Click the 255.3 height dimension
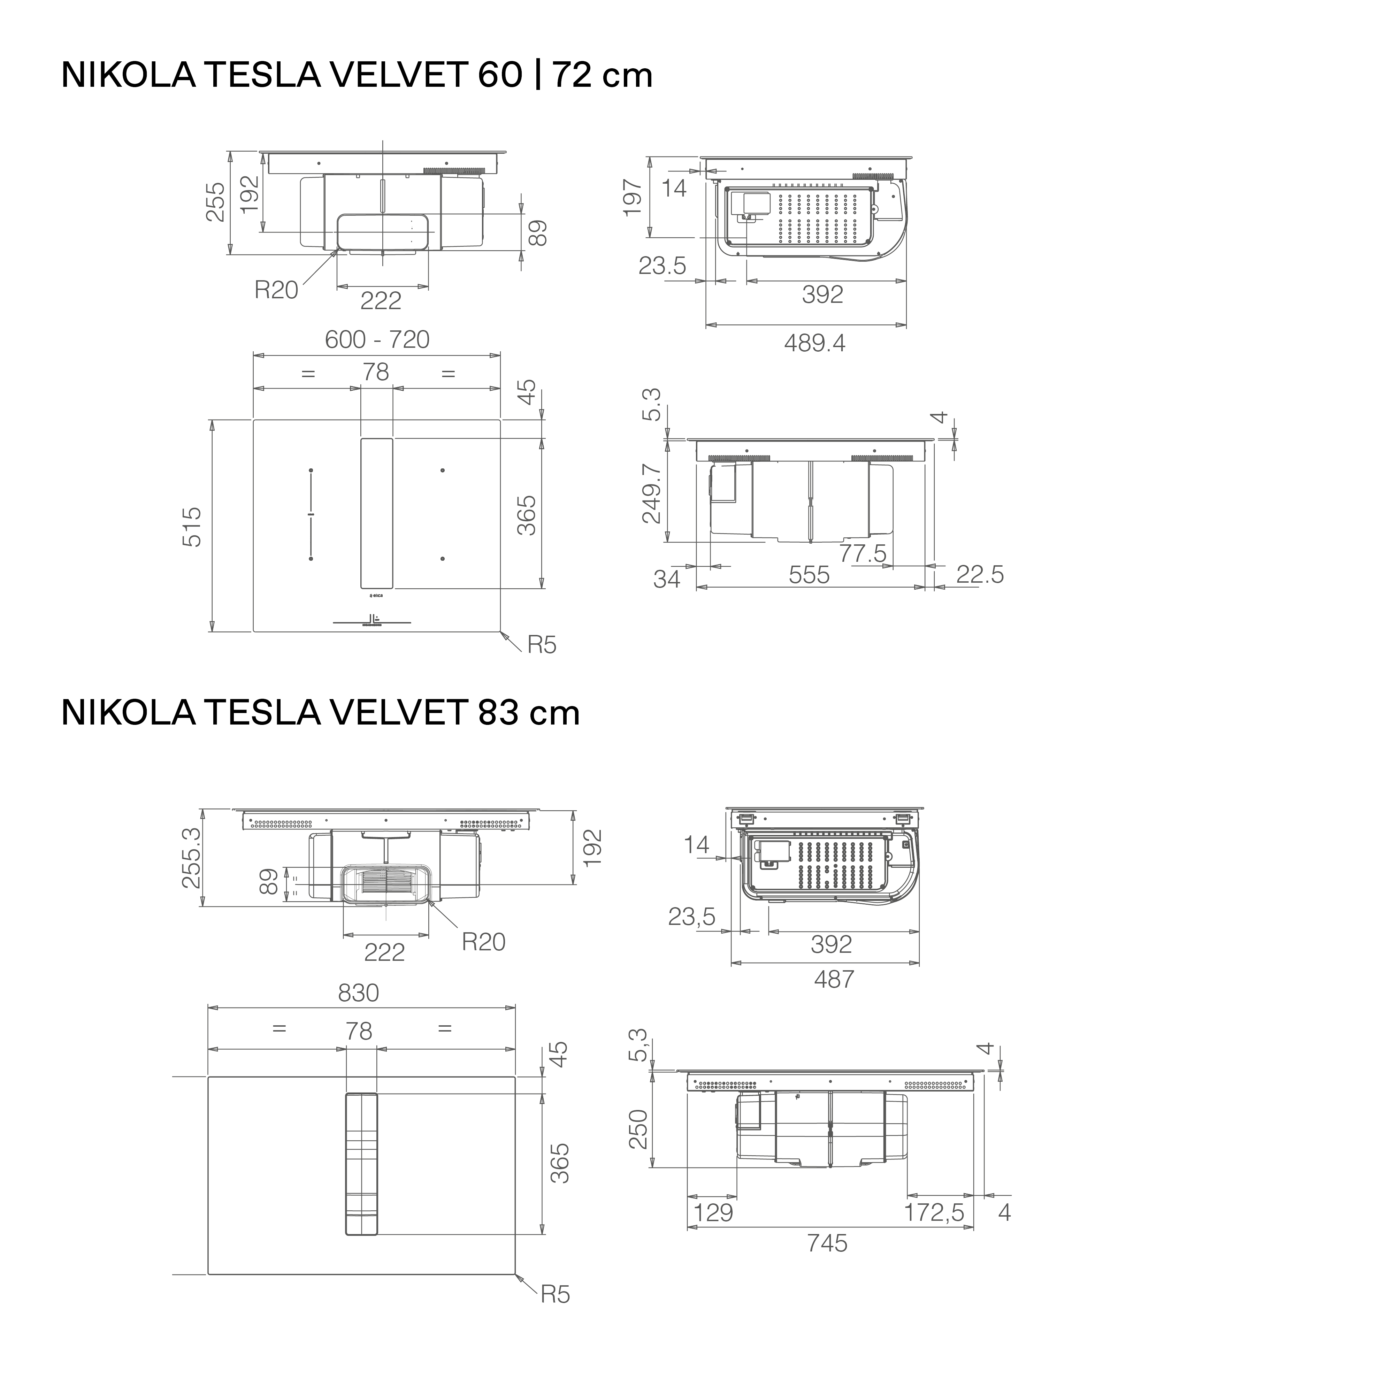[192, 858]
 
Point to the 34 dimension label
[667, 579]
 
